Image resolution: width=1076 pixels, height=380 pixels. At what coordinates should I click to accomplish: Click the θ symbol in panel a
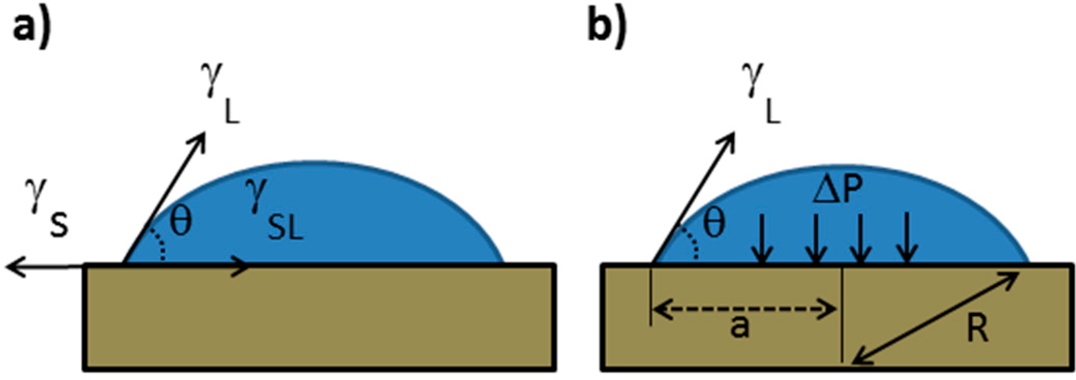click(x=181, y=222)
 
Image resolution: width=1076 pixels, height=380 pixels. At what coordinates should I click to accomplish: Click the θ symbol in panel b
click(x=713, y=223)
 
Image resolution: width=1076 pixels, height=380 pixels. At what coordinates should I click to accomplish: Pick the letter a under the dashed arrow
click(x=740, y=327)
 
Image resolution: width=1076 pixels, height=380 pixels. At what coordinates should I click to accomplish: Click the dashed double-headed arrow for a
click(x=745, y=310)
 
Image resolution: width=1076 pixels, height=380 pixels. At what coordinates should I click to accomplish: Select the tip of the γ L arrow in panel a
click(x=201, y=137)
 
